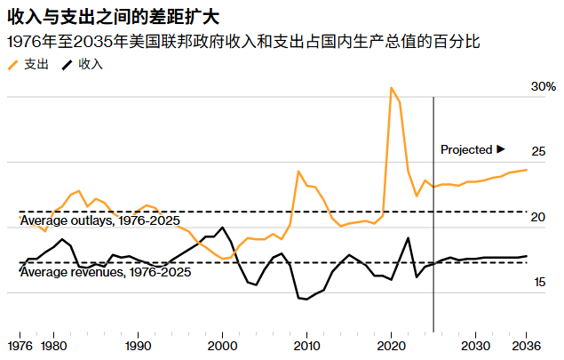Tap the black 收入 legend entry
[82, 65]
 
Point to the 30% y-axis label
[543, 87]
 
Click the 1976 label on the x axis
[20, 345]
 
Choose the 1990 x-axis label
[138, 345]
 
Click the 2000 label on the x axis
[222, 345]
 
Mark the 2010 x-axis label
[306, 345]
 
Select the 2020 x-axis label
[391, 345]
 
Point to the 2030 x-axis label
[475, 345]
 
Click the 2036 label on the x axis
[526, 345]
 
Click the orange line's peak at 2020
[391, 88]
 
